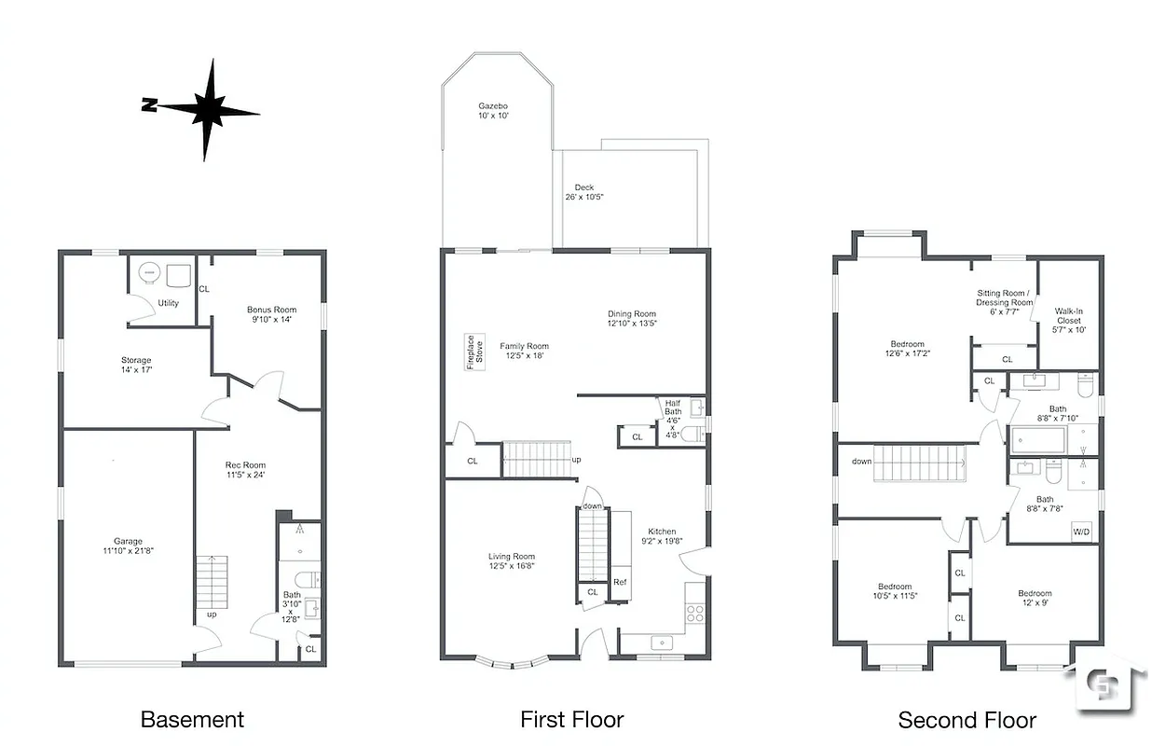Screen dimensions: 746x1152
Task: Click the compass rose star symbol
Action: pos(209,110)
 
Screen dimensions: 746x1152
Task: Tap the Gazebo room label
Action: pos(493,106)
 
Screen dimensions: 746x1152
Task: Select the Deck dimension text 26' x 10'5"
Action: pos(584,197)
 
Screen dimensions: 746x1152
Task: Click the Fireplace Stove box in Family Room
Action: pos(474,352)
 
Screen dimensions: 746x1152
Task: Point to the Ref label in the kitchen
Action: pos(620,582)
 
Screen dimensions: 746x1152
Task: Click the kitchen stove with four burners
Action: pos(695,613)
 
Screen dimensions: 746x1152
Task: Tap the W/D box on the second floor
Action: pos(1082,532)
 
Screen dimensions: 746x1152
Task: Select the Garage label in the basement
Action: pos(129,541)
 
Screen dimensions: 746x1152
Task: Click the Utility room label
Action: pos(168,303)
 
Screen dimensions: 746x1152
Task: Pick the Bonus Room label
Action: pos(271,310)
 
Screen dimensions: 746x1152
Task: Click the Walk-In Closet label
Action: pos(1068,315)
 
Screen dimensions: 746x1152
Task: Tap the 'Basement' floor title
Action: pos(192,719)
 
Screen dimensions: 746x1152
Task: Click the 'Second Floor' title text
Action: pos(967,720)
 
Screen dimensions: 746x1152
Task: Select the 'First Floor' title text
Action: pos(571,719)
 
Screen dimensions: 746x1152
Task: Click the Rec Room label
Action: pos(245,465)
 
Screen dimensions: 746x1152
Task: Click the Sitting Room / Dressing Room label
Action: pos(1004,297)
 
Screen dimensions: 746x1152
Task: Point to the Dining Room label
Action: pos(632,314)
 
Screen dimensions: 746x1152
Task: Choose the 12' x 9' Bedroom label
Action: pos(1035,594)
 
